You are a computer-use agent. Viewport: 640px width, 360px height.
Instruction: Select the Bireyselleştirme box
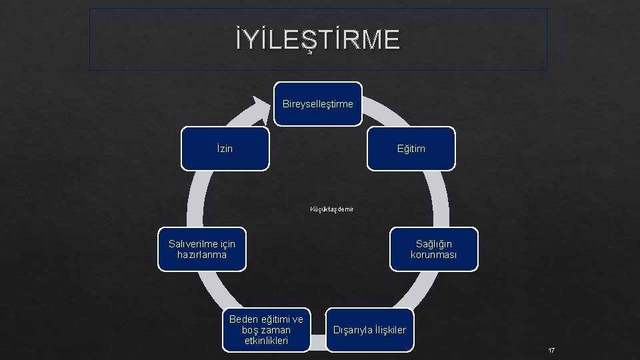point(318,104)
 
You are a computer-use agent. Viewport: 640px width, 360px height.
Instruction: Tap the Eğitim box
point(411,148)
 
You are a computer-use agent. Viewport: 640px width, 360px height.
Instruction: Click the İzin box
point(225,148)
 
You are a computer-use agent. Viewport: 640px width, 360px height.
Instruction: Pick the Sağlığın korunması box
point(434,249)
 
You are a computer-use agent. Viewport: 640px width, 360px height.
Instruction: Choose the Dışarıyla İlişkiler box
point(370,330)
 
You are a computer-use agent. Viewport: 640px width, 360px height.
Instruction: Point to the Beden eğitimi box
point(266,329)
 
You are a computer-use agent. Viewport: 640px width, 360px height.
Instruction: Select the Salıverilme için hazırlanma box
point(202,249)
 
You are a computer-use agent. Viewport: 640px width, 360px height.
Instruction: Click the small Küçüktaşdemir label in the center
point(332,209)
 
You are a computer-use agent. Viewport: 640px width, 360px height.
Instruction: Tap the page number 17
point(551,351)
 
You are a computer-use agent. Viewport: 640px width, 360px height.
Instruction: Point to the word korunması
point(434,255)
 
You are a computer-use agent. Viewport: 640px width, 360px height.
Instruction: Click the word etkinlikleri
point(266,341)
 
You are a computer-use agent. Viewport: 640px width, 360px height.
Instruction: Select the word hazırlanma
point(202,255)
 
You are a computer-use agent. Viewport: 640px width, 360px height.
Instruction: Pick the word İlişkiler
point(389,330)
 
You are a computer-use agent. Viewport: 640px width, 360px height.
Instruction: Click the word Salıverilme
point(193,244)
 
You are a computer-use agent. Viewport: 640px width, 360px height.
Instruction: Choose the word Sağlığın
point(434,244)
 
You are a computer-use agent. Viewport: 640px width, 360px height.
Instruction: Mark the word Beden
point(242,319)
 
